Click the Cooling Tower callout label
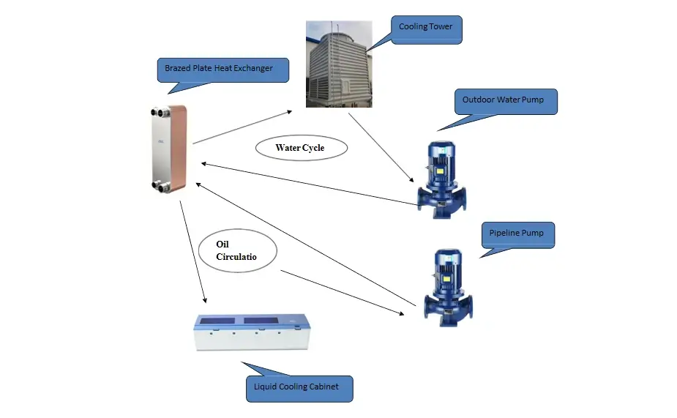point(427,27)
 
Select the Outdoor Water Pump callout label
point(505,100)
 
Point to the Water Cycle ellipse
point(300,148)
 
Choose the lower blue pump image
point(447,286)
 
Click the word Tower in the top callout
point(441,27)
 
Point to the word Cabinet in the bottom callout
point(323,387)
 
